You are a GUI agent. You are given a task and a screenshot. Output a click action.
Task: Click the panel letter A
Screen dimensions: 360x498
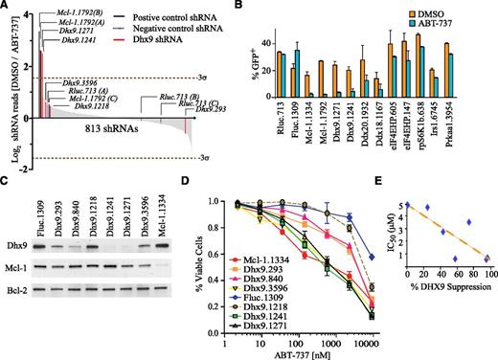[x=7, y=8]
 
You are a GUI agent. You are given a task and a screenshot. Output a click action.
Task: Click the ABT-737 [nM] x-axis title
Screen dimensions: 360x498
[x=316, y=353]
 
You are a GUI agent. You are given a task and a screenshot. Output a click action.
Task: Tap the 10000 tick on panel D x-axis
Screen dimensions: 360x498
[x=372, y=341]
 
